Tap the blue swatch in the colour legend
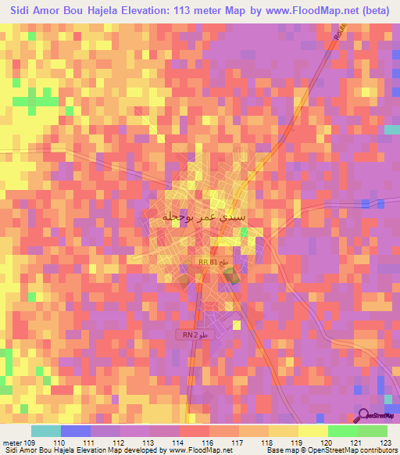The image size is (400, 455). [x=76, y=431]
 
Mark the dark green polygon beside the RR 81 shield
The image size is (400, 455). [x=230, y=275]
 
